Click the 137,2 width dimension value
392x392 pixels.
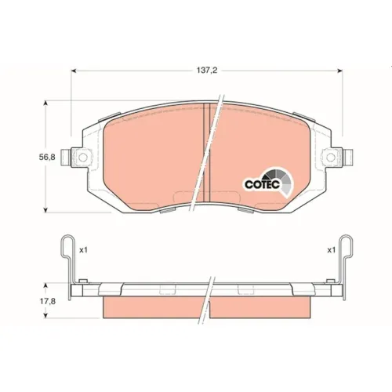(x=207, y=71)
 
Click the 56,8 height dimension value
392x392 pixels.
(x=47, y=157)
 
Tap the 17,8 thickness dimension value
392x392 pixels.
(x=48, y=301)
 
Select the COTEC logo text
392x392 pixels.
(x=263, y=184)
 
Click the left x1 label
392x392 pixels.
(x=83, y=250)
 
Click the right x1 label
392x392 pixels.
(x=331, y=250)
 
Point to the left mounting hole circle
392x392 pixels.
(x=83, y=158)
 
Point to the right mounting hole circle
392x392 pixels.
(x=331, y=158)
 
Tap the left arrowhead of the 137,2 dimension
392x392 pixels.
(x=74, y=71)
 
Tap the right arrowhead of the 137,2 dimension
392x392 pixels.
(x=340, y=71)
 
